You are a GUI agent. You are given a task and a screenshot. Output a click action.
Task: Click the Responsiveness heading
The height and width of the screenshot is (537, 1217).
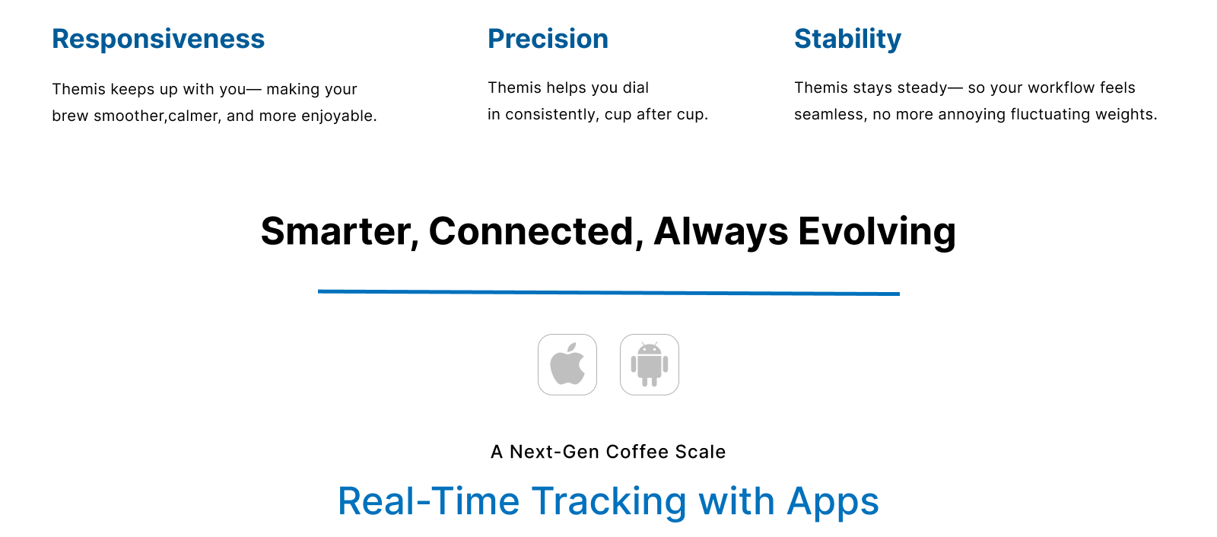click(x=158, y=39)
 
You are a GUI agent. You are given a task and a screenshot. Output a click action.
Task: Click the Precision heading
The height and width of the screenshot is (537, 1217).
click(x=548, y=39)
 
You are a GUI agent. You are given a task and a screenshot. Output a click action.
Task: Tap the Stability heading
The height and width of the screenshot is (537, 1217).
click(x=847, y=40)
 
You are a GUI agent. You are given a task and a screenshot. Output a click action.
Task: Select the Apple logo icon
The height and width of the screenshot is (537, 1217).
click(x=567, y=364)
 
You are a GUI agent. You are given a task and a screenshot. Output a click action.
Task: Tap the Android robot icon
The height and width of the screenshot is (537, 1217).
click(x=650, y=364)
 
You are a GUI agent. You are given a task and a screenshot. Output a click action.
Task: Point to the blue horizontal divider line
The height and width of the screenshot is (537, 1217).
click(x=608, y=292)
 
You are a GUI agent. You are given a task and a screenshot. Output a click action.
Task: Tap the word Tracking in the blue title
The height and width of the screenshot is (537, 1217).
click(x=609, y=502)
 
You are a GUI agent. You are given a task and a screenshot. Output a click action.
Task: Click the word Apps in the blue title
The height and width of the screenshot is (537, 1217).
click(x=833, y=502)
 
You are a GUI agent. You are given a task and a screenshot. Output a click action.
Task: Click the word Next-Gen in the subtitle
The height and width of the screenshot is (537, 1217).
click(x=554, y=452)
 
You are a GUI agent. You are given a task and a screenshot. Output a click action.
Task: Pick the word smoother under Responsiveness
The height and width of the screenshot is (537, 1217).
click(x=130, y=116)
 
